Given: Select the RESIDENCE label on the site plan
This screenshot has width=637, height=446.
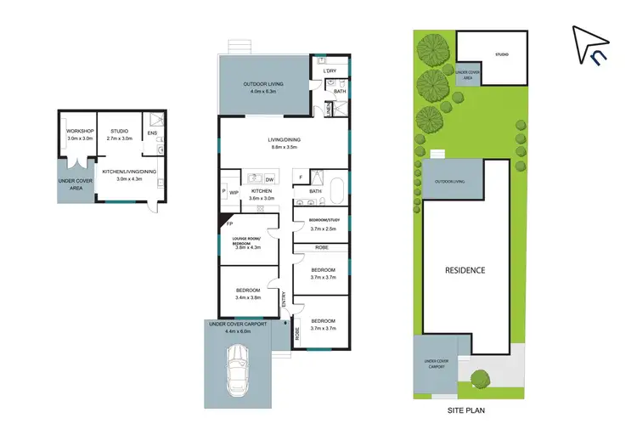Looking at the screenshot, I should click(x=466, y=270).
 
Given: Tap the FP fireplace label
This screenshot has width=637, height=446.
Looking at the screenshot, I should click(x=229, y=224).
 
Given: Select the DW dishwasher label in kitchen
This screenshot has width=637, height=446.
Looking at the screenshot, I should click(x=269, y=179).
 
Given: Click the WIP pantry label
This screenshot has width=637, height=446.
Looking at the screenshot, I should click(x=234, y=193).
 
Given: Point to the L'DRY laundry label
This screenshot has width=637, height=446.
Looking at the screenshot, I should click(x=330, y=71).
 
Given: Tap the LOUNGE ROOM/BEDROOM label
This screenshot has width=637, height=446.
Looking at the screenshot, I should click(x=249, y=240).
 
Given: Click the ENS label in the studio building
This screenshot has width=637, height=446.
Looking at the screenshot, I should click(x=152, y=133).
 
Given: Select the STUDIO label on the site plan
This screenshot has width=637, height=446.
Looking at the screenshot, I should click(x=502, y=54).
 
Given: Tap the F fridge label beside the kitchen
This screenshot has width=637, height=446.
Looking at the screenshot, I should click(x=300, y=177).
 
